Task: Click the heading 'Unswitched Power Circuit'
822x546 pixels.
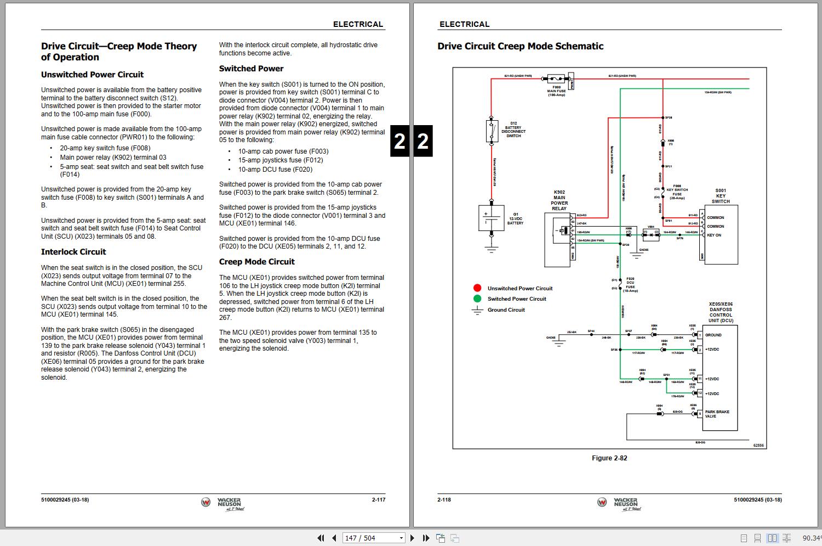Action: pyautogui.click(x=92, y=75)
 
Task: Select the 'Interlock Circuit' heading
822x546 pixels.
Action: pyautogui.click(x=73, y=252)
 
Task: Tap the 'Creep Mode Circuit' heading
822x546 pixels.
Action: pyautogui.click(x=256, y=262)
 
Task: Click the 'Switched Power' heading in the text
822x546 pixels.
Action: pyautogui.click(x=251, y=69)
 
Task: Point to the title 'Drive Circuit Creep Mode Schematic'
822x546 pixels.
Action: pyautogui.click(x=520, y=47)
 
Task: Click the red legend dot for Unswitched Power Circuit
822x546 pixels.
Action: pyautogui.click(x=477, y=288)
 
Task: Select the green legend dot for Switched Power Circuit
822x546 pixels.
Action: pyautogui.click(x=477, y=299)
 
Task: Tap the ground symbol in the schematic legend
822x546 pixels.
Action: pyautogui.click(x=477, y=310)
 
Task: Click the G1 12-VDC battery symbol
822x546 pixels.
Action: pyautogui.click(x=491, y=218)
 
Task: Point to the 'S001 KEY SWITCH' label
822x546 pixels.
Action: pyautogui.click(x=721, y=196)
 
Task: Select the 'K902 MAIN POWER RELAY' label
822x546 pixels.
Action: pyautogui.click(x=559, y=200)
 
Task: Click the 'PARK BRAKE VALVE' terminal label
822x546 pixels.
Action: pyautogui.click(x=717, y=414)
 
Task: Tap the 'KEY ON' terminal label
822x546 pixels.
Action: pyautogui.click(x=714, y=235)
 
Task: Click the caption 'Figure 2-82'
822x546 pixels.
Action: pyautogui.click(x=609, y=458)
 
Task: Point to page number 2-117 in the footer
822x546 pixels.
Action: pyautogui.click(x=379, y=500)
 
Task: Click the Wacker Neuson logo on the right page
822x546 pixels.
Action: pyautogui.click(x=619, y=503)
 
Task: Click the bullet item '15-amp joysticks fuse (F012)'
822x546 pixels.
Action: pyautogui.click(x=280, y=160)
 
